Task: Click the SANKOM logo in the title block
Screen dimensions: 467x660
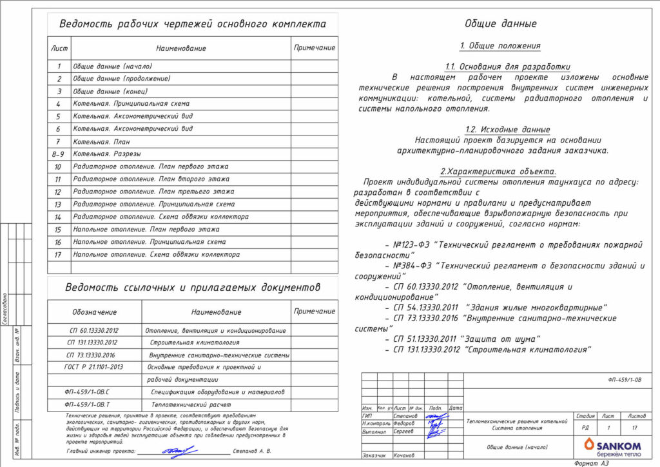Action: [x=612, y=446]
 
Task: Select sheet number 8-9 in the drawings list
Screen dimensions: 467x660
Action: [x=58, y=154]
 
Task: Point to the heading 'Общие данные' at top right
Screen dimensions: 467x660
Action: [x=500, y=24]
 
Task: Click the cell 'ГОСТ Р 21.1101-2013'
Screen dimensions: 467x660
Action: [x=94, y=367]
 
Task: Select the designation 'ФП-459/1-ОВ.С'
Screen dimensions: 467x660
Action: [x=88, y=392]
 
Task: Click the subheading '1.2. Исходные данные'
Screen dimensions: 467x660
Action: [x=499, y=130]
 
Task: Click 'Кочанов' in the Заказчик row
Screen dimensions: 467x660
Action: [x=404, y=455]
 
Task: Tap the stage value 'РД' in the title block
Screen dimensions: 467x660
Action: [x=585, y=427]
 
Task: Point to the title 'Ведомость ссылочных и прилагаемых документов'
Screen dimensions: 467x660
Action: [x=192, y=287]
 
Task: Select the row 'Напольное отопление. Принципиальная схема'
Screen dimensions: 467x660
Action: [x=149, y=242]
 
